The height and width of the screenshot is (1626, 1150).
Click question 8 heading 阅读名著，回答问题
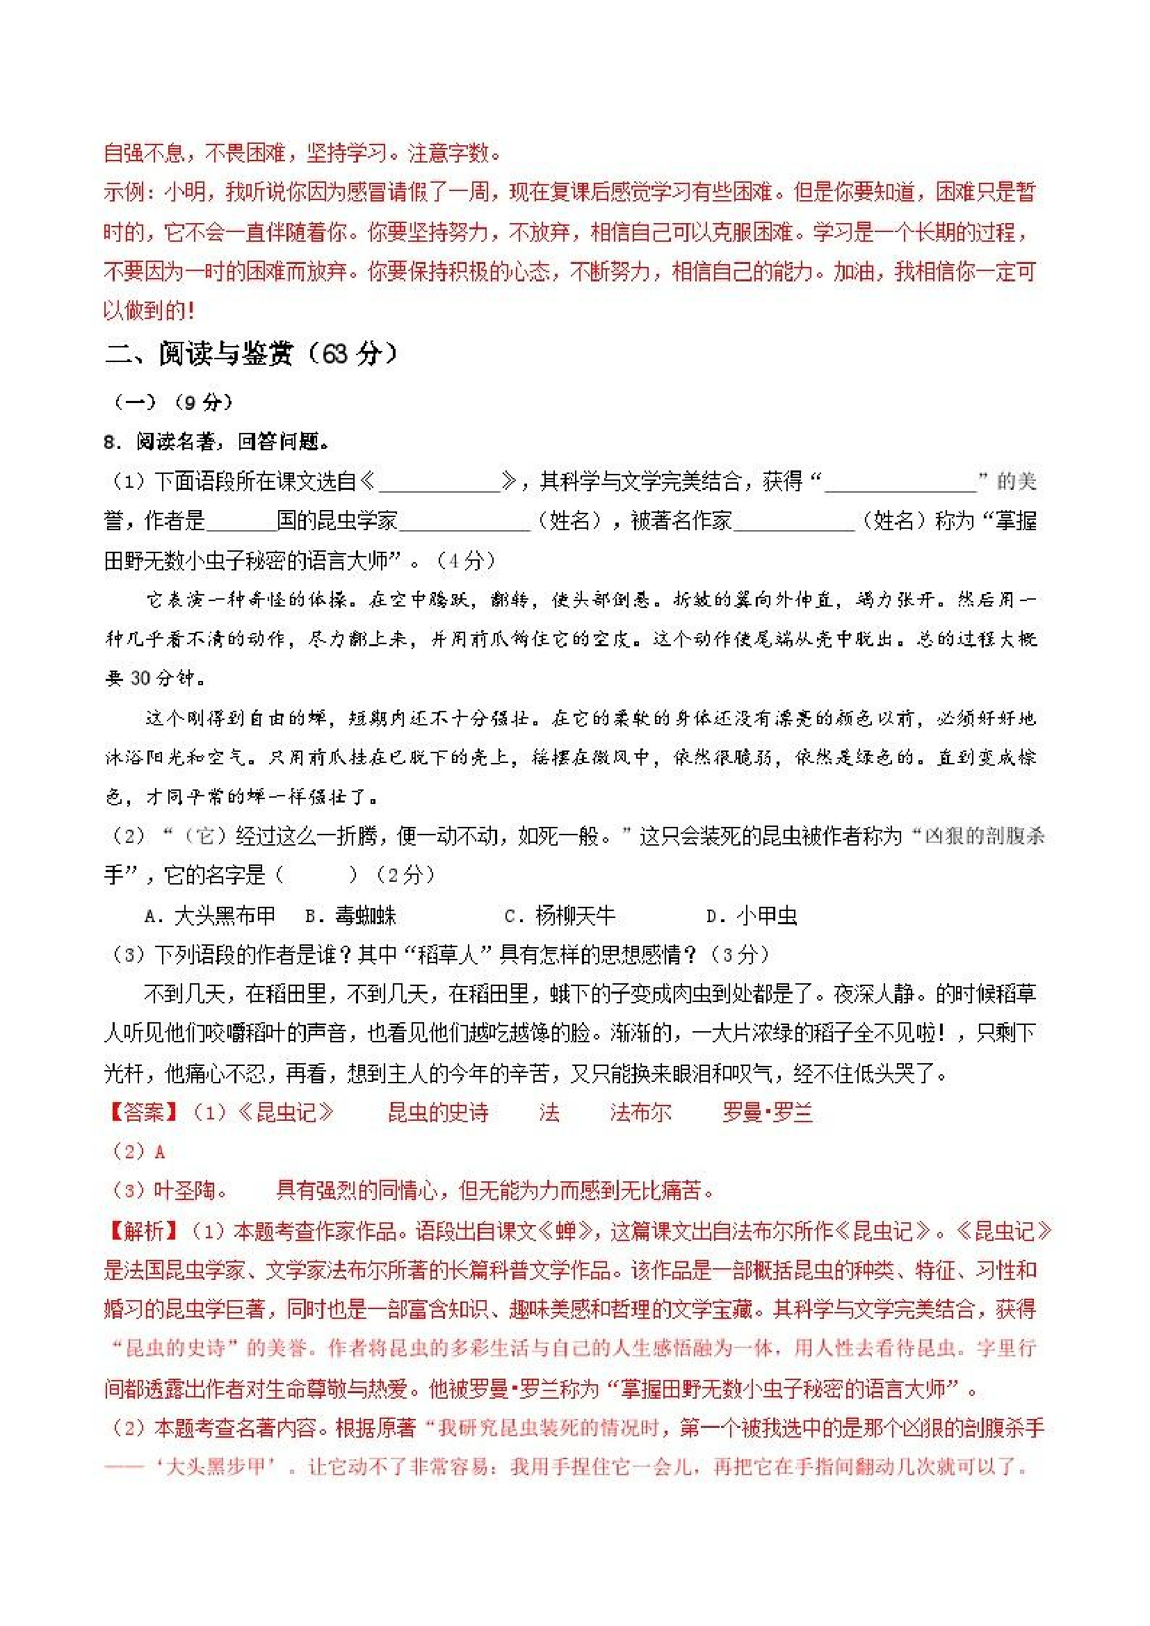pos(216,442)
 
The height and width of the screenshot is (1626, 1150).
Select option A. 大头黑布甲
pos(211,916)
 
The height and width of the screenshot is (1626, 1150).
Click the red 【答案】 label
pos(143,1112)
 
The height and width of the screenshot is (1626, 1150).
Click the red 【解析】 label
pos(143,1231)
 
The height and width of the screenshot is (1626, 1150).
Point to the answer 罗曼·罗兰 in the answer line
pos(767,1112)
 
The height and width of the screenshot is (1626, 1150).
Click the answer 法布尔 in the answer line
pos(640,1112)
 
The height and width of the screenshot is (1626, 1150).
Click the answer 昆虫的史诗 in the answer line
pos(438,1112)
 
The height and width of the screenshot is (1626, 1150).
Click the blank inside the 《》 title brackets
pos(439,483)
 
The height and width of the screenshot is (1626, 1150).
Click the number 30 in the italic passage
pos(141,678)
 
